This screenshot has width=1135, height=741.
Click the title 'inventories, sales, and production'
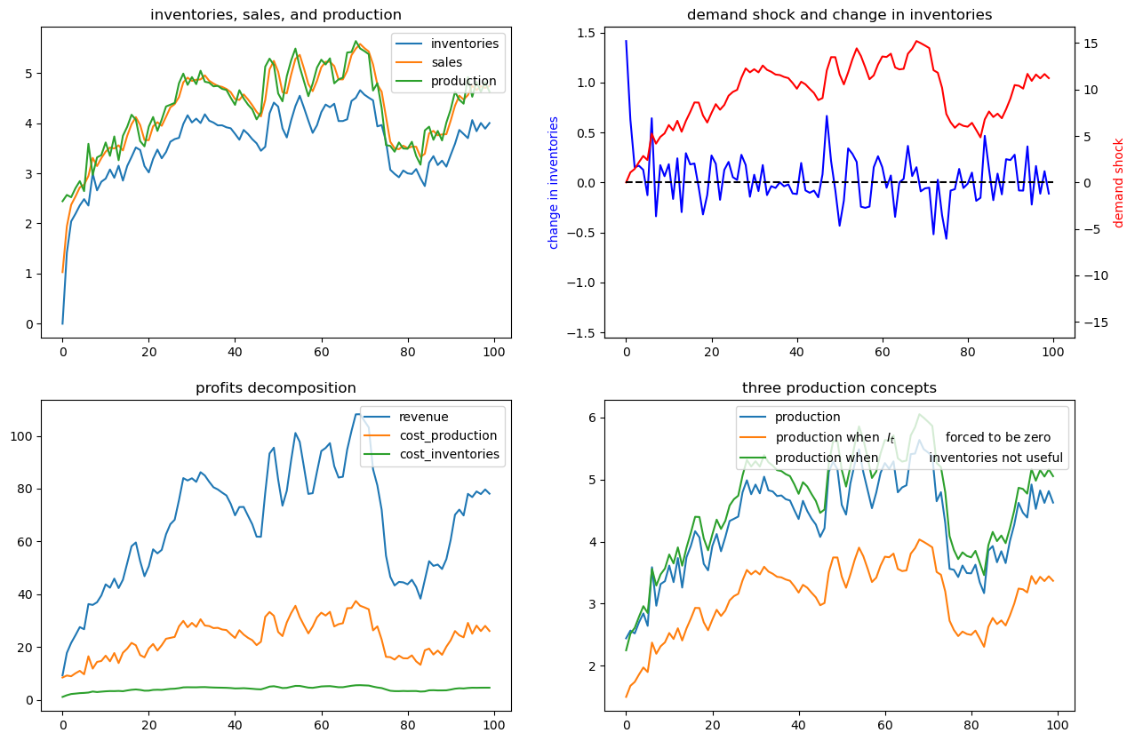click(x=276, y=15)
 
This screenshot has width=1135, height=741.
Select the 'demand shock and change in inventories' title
click(x=839, y=15)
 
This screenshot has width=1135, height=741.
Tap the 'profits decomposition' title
click(x=276, y=388)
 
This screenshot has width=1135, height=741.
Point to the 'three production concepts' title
click(x=839, y=388)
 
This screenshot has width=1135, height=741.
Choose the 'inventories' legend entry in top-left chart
click(x=464, y=43)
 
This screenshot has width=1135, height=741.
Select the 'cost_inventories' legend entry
click(x=449, y=454)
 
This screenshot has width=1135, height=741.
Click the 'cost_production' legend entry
click(x=447, y=435)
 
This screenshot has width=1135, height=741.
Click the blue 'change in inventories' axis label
click(x=554, y=182)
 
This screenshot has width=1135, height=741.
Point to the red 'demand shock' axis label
click(x=1119, y=182)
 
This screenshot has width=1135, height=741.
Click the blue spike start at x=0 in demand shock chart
click(x=626, y=41)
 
